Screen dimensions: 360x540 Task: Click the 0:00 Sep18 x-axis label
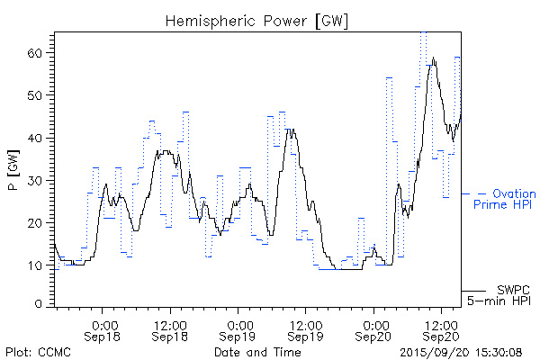click(103, 328)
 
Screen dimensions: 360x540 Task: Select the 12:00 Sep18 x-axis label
click(170, 328)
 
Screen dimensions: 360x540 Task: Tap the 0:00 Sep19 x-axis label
click(238, 328)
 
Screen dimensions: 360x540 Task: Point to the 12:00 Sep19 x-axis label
click(305, 328)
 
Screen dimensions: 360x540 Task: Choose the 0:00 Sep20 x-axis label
click(373, 328)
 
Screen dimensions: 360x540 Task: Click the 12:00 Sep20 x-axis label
click(440, 328)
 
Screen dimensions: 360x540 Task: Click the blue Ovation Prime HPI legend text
click(504, 199)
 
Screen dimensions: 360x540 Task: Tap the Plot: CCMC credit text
click(35, 352)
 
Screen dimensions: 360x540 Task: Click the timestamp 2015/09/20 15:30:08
click(462, 352)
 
